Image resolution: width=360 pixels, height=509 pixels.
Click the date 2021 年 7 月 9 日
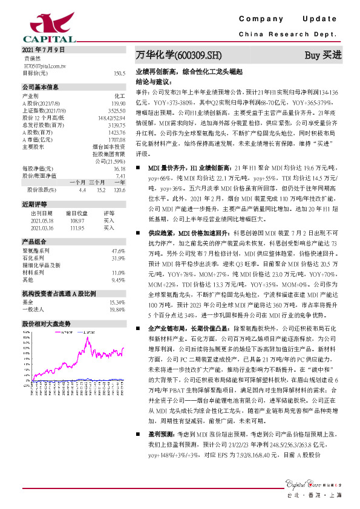[42, 50]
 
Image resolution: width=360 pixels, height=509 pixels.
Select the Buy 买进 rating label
[323, 55]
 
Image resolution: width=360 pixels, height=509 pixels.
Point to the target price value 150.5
[119, 73]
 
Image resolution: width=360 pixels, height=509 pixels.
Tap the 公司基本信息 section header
[40, 86]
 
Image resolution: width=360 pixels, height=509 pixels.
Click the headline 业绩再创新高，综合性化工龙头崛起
[189, 71]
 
